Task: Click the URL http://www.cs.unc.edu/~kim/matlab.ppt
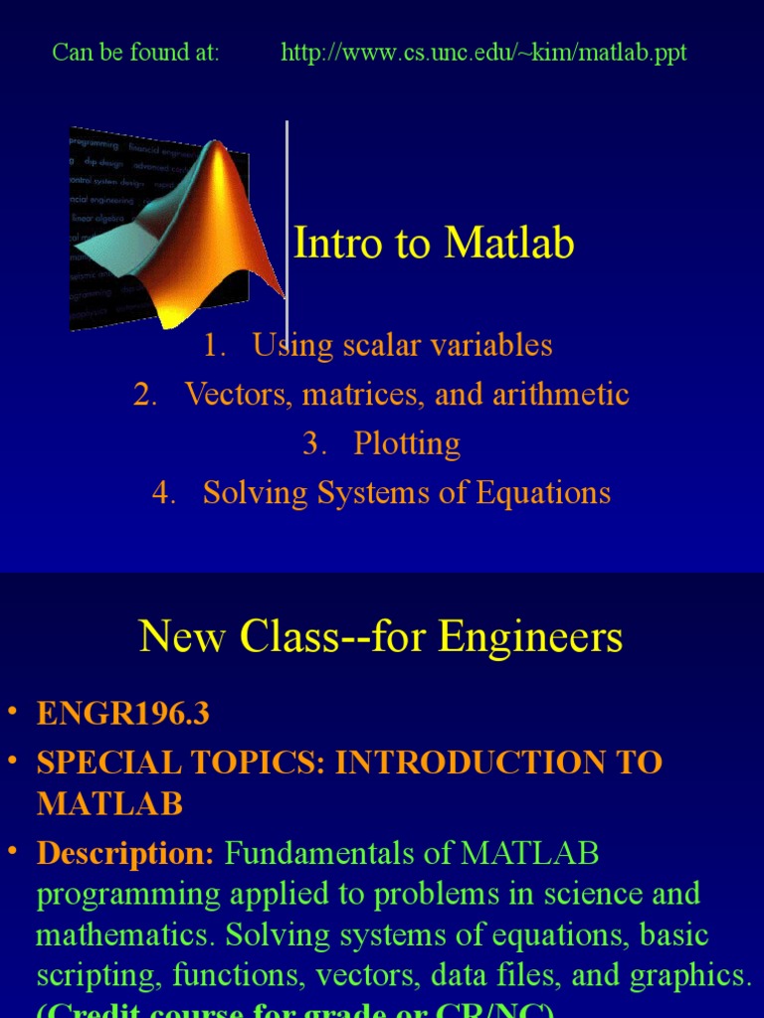coord(483,53)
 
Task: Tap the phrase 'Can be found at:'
coord(135,53)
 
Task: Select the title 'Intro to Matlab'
coord(434,244)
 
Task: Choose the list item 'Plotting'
coord(407,444)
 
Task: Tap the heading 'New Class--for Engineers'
coord(381,637)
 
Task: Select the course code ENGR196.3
coord(123,714)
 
